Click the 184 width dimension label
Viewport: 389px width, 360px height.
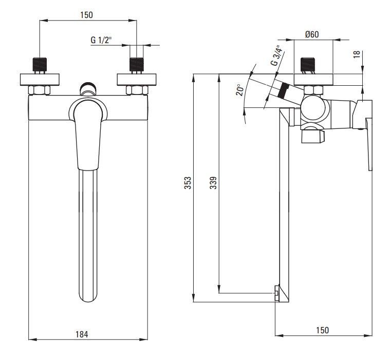(x=82, y=334)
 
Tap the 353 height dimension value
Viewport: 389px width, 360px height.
(x=188, y=183)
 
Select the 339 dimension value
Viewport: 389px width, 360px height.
(x=213, y=183)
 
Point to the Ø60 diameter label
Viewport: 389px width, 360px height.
(x=312, y=34)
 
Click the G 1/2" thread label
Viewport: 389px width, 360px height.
(x=101, y=40)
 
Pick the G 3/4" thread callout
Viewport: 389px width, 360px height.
(x=278, y=55)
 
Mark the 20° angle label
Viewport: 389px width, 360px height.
(x=240, y=90)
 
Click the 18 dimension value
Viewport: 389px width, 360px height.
(x=356, y=54)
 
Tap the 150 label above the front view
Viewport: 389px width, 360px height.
(x=86, y=15)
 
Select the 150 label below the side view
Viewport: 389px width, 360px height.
(x=322, y=330)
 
